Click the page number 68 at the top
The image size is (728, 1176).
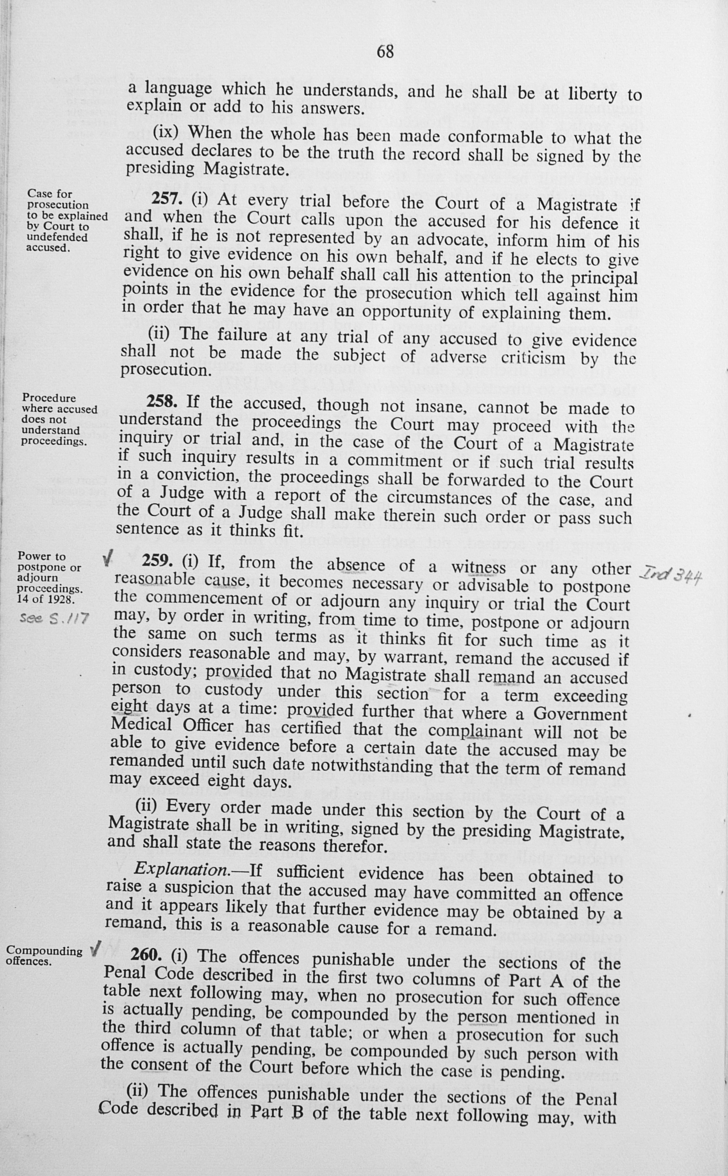click(x=385, y=51)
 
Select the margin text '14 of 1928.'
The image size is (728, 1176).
click(x=46, y=599)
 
